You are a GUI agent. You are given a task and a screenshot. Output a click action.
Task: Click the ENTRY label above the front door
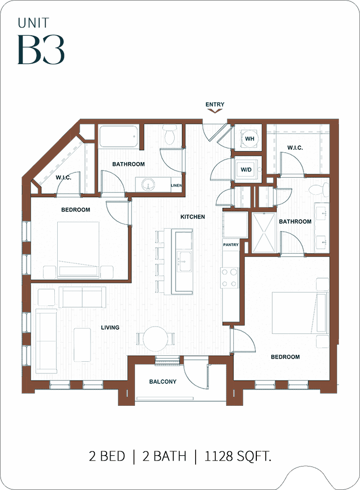coord(215,104)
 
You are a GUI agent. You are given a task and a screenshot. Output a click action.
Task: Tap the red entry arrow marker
coord(215,110)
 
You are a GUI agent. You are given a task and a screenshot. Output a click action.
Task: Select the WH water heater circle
coord(249,139)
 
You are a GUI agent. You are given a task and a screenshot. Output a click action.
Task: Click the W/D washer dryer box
coord(246,170)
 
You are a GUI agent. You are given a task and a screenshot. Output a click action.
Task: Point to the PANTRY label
coord(231,245)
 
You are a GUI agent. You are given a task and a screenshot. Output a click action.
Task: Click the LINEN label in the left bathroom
coord(176,186)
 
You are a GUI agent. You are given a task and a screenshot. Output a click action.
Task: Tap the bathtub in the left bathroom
coord(119,136)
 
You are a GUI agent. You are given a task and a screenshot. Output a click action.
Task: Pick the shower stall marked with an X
coord(264,233)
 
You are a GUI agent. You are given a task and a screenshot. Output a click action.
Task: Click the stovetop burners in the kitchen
coord(229,278)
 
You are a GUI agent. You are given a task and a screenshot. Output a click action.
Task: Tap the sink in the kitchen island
coord(183,260)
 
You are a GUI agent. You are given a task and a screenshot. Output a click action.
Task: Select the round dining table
coord(155,339)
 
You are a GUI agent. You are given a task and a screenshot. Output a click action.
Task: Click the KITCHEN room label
coord(193,216)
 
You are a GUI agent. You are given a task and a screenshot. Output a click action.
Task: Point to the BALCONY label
coord(163,381)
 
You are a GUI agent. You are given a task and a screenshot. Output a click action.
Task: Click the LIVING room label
coord(110,327)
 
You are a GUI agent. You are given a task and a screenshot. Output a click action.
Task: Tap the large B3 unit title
coord(41,50)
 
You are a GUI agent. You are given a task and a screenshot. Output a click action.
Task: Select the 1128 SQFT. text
coord(238,456)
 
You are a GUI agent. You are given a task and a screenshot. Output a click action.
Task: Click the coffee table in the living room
coord(82,345)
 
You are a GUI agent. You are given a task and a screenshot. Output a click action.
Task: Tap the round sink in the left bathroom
coord(148,185)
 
